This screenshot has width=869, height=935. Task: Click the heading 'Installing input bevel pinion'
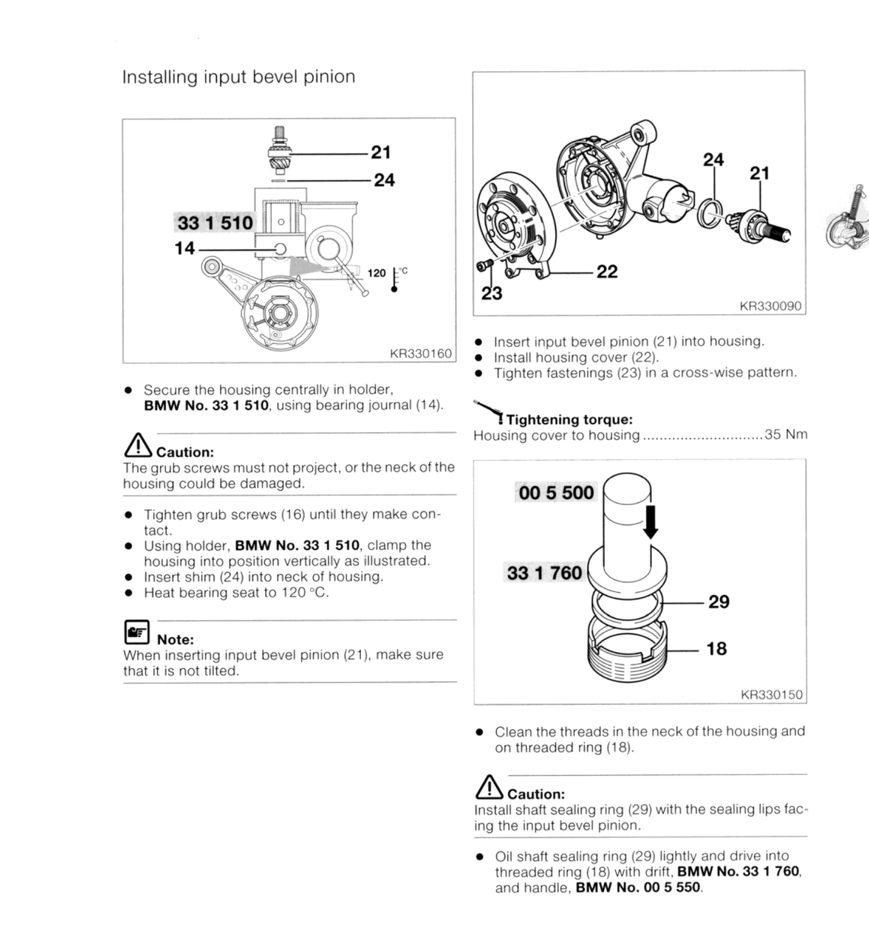[x=238, y=77]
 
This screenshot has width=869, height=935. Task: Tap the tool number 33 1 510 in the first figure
[x=215, y=223]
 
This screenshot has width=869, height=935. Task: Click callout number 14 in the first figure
[x=185, y=248]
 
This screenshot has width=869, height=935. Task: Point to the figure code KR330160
[x=420, y=353]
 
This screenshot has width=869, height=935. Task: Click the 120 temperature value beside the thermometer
[x=376, y=273]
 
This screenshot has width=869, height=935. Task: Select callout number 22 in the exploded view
[x=607, y=272]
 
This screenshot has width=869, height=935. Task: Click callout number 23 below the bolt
[x=491, y=293]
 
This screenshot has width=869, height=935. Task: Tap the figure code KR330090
[x=770, y=306]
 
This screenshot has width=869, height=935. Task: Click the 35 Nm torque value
[x=785, y=434]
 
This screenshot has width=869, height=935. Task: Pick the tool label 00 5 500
[x=556, y=493]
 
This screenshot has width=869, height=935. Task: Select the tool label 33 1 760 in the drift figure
[x=544, y=572]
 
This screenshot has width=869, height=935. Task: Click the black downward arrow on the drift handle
[x=650, y=521]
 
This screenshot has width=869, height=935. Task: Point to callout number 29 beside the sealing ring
[x=719, y=602]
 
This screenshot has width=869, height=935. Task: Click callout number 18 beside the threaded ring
[x=716, y=649]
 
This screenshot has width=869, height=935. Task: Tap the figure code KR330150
[x=771, y=695]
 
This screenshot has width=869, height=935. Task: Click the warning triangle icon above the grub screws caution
[x=137, y=445]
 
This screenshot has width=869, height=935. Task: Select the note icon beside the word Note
[x=137, y=632]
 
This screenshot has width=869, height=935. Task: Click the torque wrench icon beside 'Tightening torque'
[x=488, y=411]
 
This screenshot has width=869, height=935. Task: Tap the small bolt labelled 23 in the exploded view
[x=484, y=265]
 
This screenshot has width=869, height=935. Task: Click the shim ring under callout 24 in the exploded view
[x=710, y=214]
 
